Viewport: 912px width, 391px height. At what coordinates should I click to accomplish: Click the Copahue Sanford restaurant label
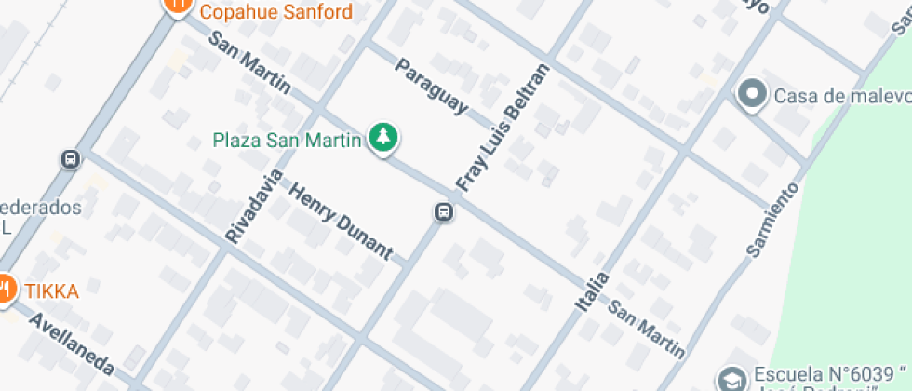point(276,12)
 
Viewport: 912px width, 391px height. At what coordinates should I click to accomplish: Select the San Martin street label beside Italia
point(647,330)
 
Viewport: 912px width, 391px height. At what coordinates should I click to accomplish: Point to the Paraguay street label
point(431,87)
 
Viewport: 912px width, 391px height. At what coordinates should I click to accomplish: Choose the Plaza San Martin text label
point(287,141)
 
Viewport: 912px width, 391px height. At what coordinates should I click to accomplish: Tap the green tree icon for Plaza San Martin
point(382,139)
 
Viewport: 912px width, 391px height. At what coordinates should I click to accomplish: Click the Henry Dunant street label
point(341,221)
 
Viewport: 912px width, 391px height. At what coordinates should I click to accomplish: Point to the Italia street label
point(592,291)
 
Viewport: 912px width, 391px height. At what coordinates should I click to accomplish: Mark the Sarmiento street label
point(772,220)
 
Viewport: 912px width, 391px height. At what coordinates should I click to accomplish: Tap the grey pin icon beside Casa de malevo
point(751,94)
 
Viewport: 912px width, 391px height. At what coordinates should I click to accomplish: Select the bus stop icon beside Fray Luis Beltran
point(444,212)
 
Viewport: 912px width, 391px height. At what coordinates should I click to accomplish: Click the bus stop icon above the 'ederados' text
point(71,159)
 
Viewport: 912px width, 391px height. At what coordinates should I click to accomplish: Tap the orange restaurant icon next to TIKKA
point(5,290)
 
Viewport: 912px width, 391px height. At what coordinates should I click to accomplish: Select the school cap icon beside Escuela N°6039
point(731,379)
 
